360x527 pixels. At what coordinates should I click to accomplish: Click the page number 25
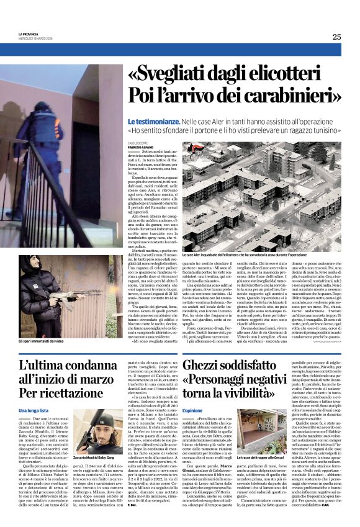point(336,37)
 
